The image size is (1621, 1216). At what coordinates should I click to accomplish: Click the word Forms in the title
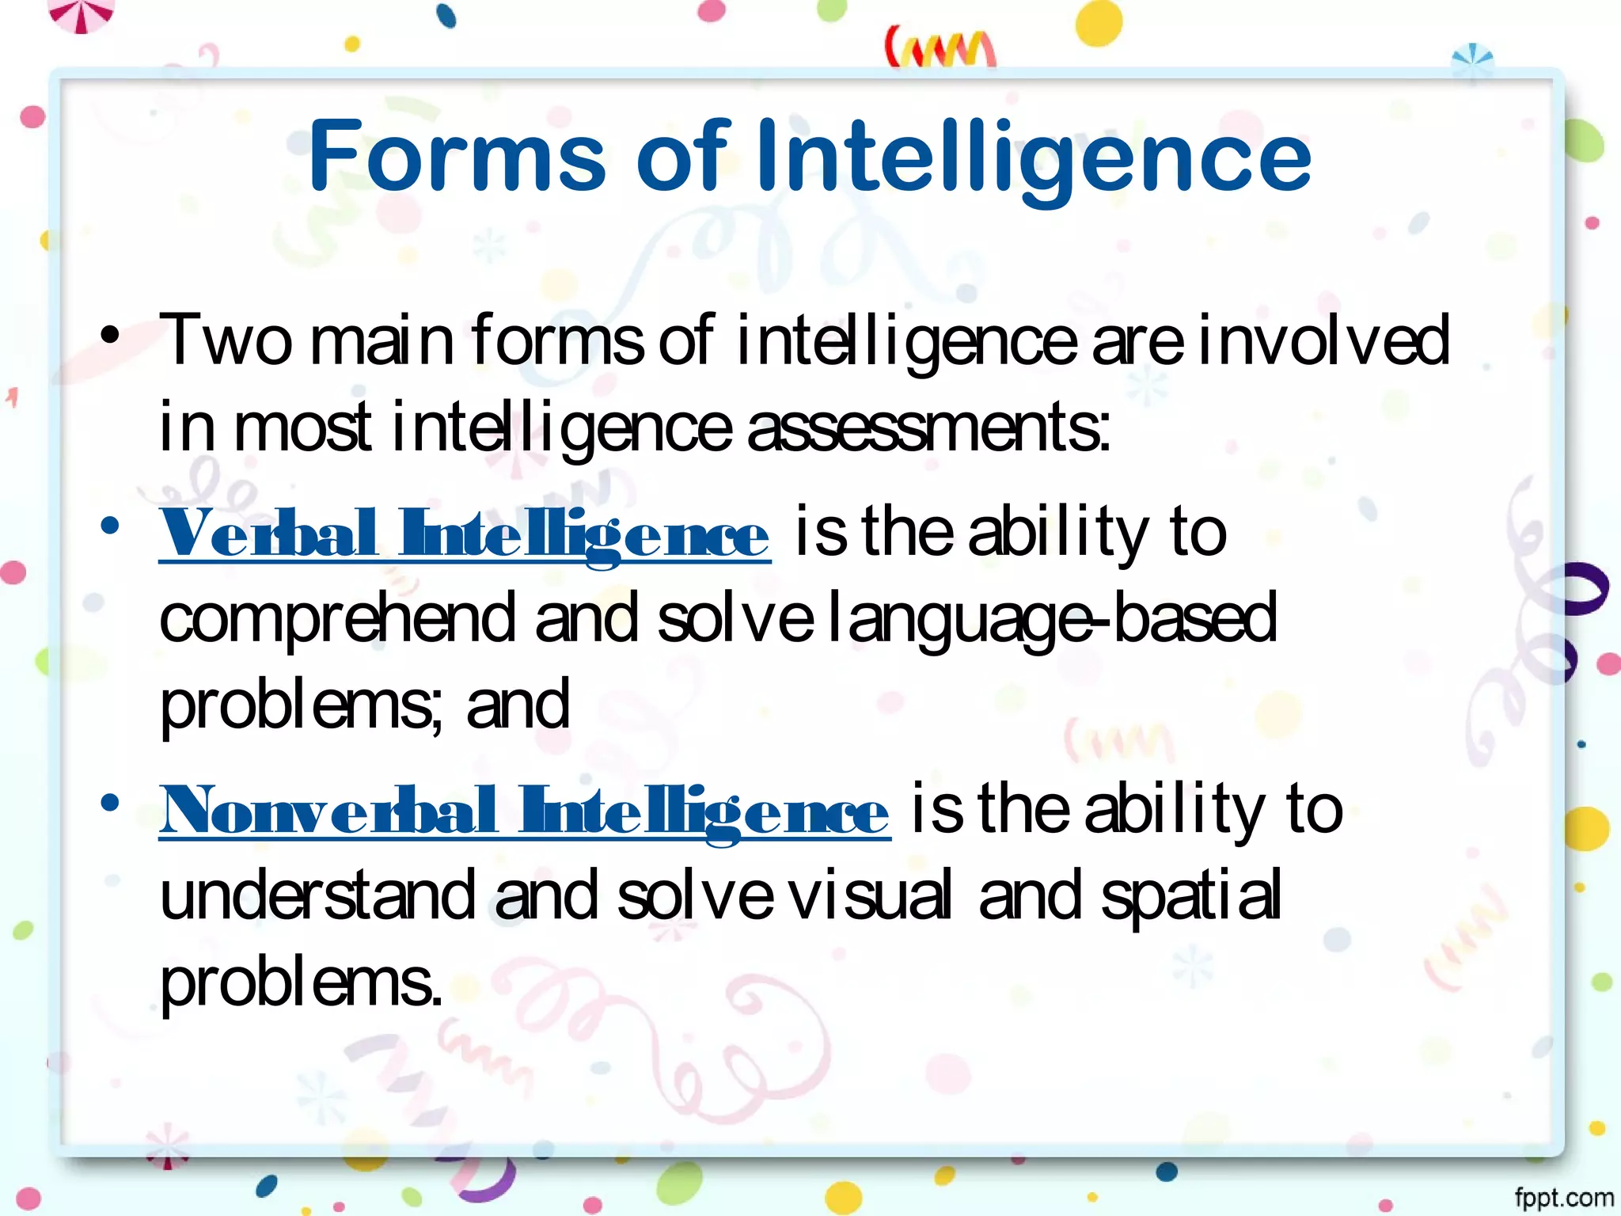[x=457, y=156]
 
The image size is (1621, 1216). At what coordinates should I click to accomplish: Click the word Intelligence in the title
[x=1034, y=158]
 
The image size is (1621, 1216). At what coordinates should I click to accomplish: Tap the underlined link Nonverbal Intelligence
[x=524, y=811]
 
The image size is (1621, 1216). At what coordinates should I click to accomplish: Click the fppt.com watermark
[x=1564, y=1198]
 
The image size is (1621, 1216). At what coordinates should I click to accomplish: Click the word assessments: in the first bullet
[x=928, y=427]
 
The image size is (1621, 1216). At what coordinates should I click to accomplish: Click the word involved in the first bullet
[x=1324, y=340]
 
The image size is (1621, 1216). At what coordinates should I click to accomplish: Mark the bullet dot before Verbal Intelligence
[x=110, y=525]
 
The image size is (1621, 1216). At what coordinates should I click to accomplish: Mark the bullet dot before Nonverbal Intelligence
[x=110, y=803]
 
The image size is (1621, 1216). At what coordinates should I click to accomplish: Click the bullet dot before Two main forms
[x=110, y=334]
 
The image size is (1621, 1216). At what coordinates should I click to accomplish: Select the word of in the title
[x=681, y=156]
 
